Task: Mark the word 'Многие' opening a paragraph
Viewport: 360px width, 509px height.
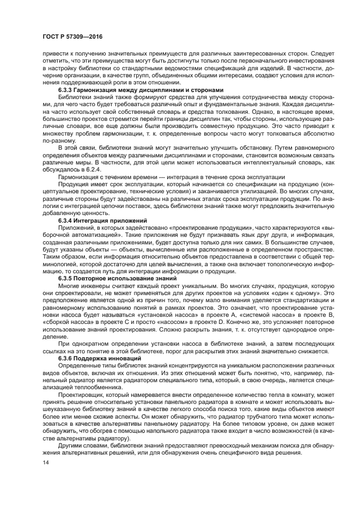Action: [69, 285]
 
